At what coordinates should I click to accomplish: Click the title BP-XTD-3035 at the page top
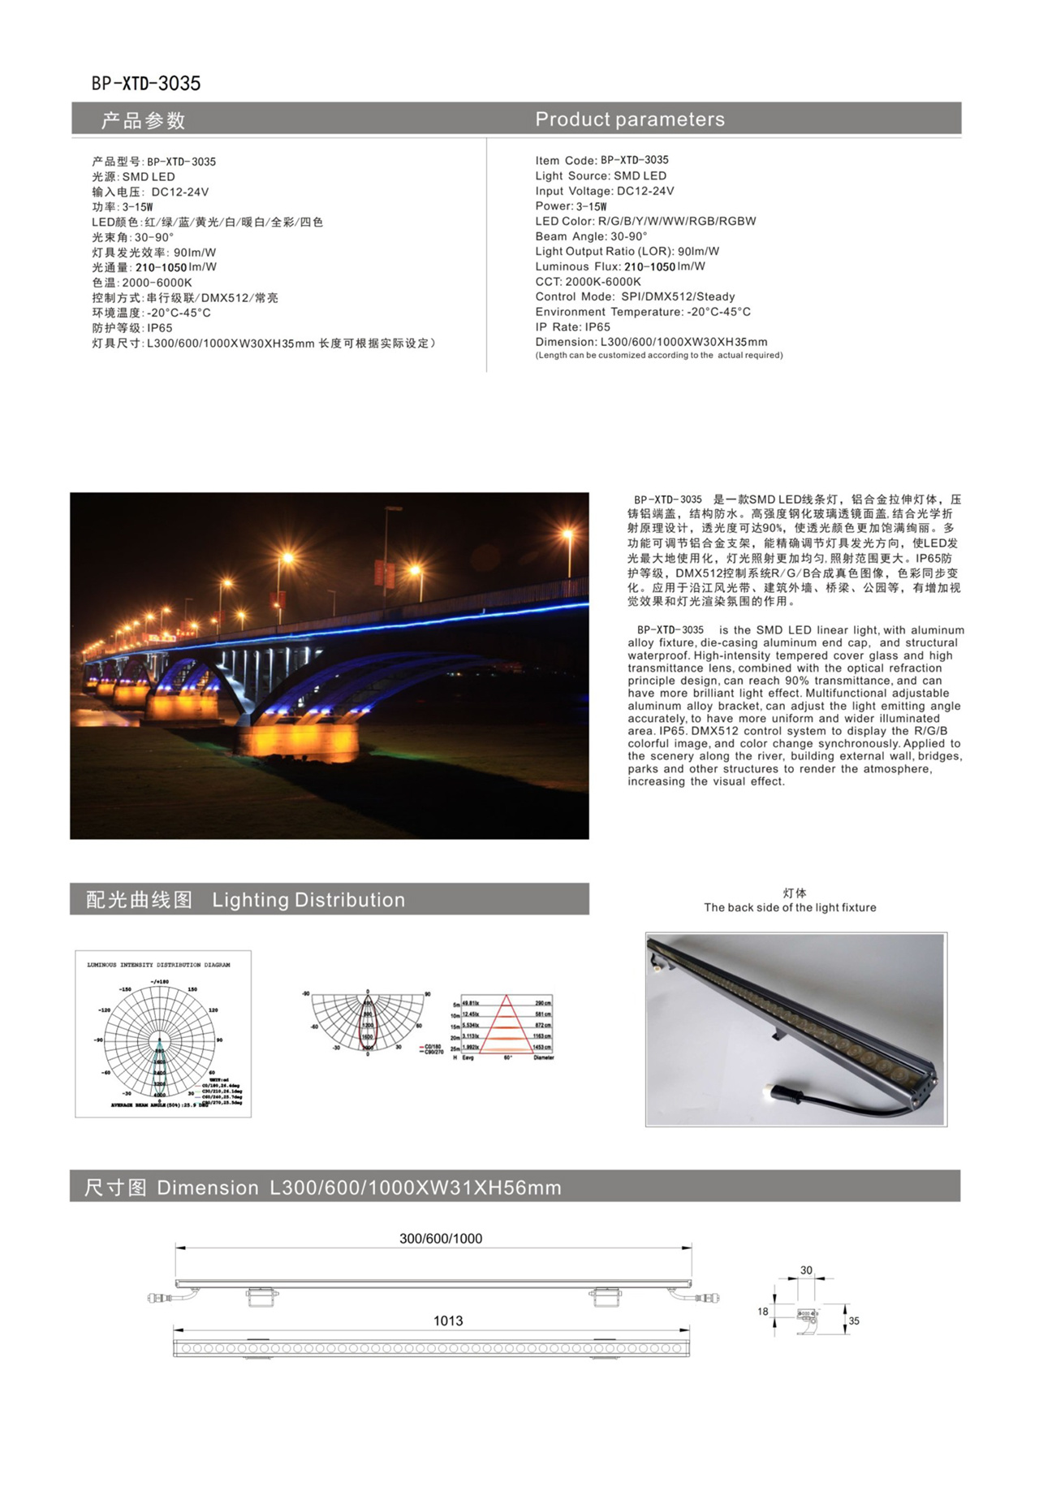click(x=146, y=83)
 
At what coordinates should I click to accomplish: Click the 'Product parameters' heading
click(x=629, y=119)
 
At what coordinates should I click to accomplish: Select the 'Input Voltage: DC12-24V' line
click(x=604, y=191)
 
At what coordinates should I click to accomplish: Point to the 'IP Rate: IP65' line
click(x=572, y=326)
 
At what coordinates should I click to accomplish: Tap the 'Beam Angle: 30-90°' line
click(x=591, y=236)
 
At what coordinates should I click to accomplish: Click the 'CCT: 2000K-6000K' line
click(x=588, y=282)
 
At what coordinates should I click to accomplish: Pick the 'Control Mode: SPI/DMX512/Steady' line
click(x=635, y=296)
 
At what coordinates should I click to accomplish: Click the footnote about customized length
click(x=658, y=355)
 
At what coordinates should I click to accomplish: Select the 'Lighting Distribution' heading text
click(x=308, y=900)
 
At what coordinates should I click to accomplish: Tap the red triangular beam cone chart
click(x=507, y=1024)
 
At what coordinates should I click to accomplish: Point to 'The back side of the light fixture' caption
click(x=790, y=907)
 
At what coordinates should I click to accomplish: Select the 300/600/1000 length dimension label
click(x=440, y=1239)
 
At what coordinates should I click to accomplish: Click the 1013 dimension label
click(x=447, y=1321)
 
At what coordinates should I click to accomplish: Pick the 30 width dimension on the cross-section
click(x=805, y=1270)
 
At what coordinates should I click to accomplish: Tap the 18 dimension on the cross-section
click(x=762, y=1311)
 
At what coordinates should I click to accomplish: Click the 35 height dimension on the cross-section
click(x=854, y=1321)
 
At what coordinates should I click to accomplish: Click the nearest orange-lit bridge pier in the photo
click(x=298, y=740)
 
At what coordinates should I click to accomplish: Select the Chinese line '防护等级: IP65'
click(x=132, y=328)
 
